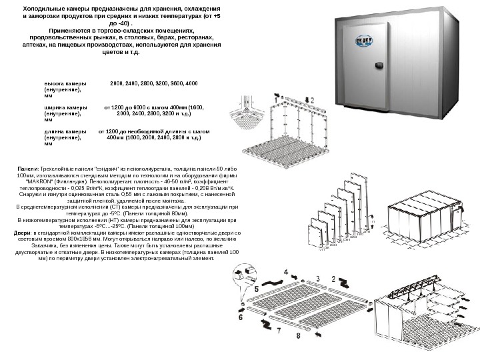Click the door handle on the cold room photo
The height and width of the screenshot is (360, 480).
(379, 65)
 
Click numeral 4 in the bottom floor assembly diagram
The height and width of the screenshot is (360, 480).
(287, 273)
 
